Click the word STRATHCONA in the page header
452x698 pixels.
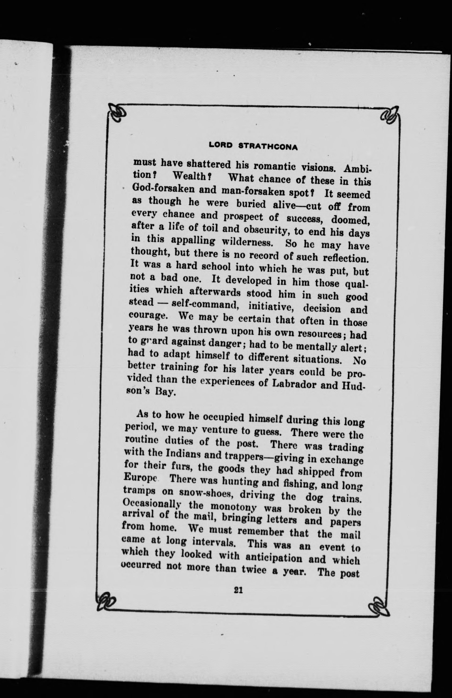point(268,147)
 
